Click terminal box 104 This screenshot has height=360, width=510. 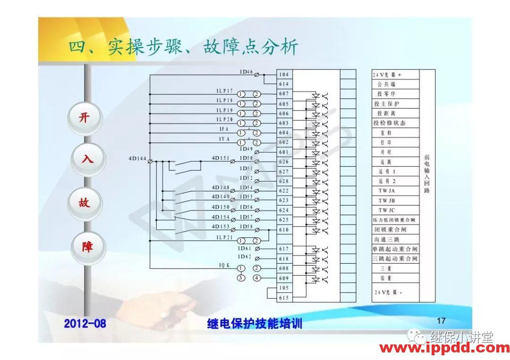pyautogui.click(x=284, y=75)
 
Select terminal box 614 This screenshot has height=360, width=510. pyautogui.click(x=284, y=84)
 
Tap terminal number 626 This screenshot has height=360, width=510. pyautogui.click(x=284, y=162)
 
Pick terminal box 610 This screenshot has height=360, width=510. pyautogui.click(x=284, y=230)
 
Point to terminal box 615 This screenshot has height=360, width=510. pyautogui.click(x=284, y=298)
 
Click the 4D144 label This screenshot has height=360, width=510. pyautogui.click(x=137, y=159)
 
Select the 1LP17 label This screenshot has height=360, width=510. pyautogui.click(x=225, y=91)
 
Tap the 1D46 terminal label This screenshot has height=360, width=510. pyautogui.click(x=246, y=72)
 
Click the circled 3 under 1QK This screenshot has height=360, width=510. pyautogui.click(x=241, y=278)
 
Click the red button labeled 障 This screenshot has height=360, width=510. pyautogui.click(x=87, y=247)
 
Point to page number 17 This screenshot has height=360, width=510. pyautogui.click(x=441, y=321)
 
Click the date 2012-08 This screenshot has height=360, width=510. pyautogui.click(x=85, y=324)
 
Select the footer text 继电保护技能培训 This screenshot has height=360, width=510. pyautogui.click(x=255, y=324)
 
